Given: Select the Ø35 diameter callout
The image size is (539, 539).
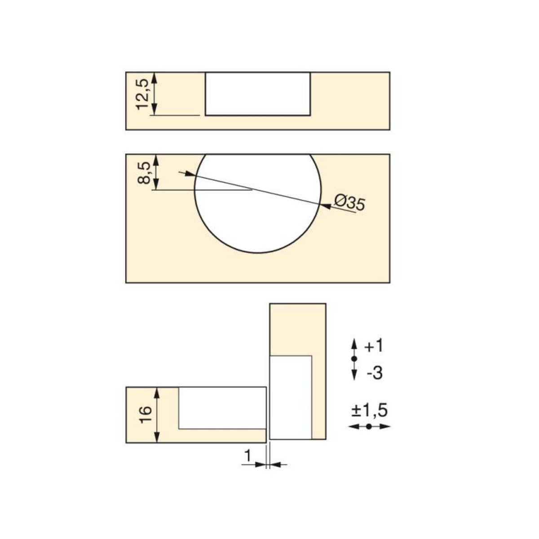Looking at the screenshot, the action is click(x=349, y=203).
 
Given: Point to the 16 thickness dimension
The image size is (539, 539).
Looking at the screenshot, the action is click(x=146, y=415).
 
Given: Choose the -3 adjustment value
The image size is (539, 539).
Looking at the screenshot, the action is click(x=375, y=373).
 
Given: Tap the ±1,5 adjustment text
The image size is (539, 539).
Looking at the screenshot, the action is click(x=369, y=411).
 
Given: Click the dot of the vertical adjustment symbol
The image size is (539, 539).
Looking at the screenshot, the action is click(x=354, y=358).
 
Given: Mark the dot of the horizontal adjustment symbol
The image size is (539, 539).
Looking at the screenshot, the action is click(x=369, y=427).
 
